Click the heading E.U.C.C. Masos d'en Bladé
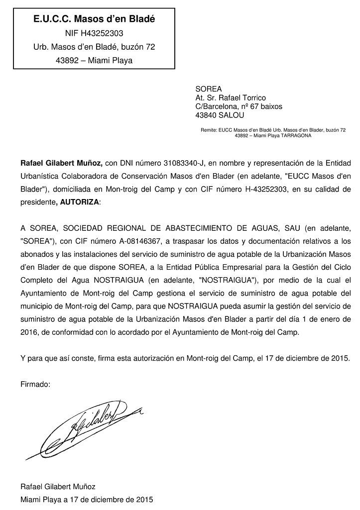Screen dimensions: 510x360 (94, 20)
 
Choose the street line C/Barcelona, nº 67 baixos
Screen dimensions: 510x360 (239, 106)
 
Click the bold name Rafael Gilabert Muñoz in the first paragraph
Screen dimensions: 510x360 (61, 163)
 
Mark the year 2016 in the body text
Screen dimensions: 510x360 (29, 332)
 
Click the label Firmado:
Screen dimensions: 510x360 (35, 385)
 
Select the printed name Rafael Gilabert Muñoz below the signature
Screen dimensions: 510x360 (57, 486)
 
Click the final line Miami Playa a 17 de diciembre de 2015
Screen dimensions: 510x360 (86, 499)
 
